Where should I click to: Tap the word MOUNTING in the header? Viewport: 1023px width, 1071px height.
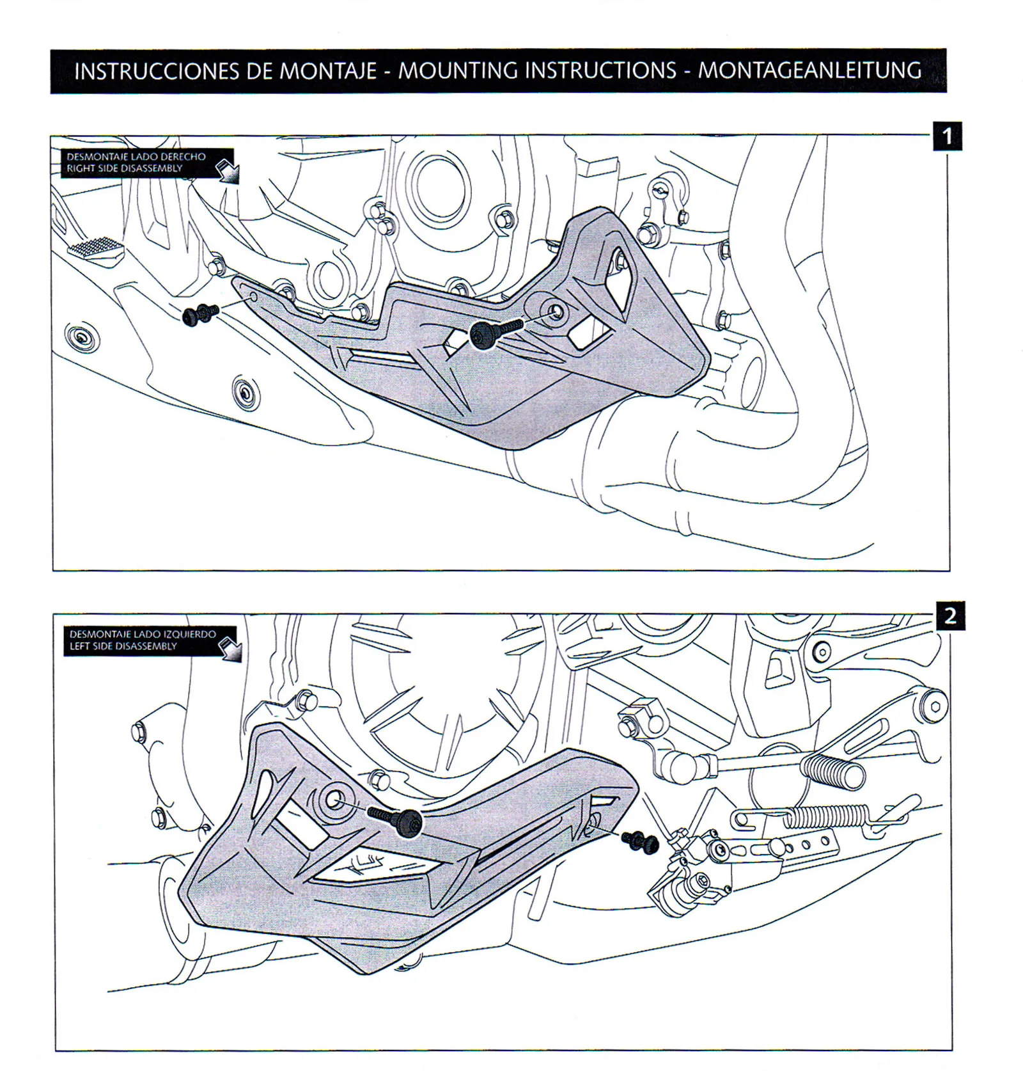[x=458, y=70]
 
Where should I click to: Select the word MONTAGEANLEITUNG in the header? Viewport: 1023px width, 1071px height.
[x=809, y=70]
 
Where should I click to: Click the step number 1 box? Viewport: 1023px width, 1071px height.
[x=948, y=136]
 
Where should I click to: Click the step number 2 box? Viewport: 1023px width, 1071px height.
[x=950, y=616]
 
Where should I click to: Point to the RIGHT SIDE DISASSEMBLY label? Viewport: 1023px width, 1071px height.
[x=125, y=169]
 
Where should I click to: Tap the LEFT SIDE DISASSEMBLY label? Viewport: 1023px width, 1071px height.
[x=123, y=647]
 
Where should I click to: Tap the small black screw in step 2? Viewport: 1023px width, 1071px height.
[x=643, y=841]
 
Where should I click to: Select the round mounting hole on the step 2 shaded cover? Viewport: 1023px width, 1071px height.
[x=334, y=798]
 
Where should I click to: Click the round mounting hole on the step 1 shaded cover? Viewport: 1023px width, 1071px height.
[x=555, y=312]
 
